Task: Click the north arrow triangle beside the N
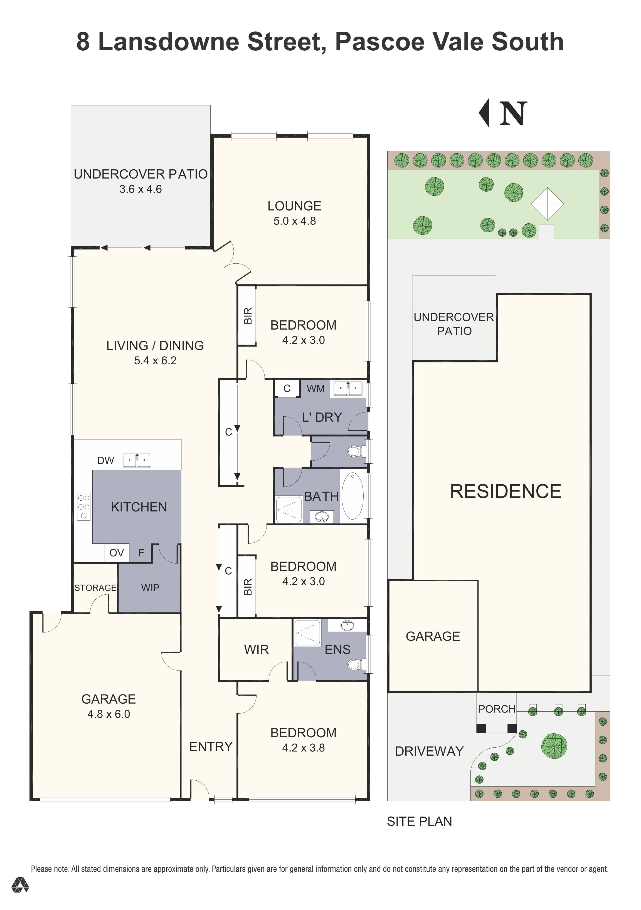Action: pos(484,113)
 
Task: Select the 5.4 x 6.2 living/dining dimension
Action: pos(155,361)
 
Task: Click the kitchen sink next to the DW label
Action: pos(137,461)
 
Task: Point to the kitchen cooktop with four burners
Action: pos(84,506)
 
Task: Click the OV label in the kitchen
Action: pos(117,553)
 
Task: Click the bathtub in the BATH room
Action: pos(352,496)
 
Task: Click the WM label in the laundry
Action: pos(315,389)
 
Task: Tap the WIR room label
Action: pos(256,650)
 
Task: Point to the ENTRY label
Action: pos(211,747)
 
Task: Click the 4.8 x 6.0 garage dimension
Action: pos(109,714)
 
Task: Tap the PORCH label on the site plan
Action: pos(496,709)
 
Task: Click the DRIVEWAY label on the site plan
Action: pos(429,751)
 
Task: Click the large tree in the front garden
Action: pos(554,746)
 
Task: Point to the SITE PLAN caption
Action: pos(420,822)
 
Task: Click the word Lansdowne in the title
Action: pos(169,42)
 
